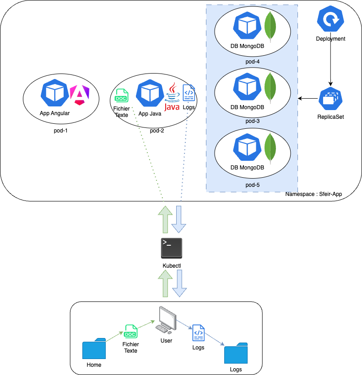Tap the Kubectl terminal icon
pyautogui.click(x=172, y=249)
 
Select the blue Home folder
pyautogui.click(x=94, y=349)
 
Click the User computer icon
pyautogui.click(x=166, y=318)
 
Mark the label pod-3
pyautogui.click(x=253, y=121)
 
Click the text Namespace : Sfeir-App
pyautogui.click(x=313, y=194)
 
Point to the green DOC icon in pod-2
pyautogui.click(x=121, y=96)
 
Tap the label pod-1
pyautogui.click(x=61, y=131)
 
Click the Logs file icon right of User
pyautogui.click(x=199, y=333)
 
